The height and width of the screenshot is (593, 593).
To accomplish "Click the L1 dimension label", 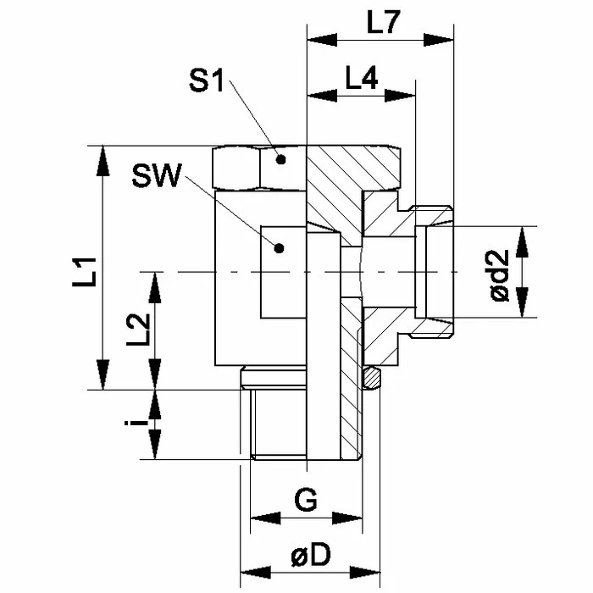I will [81, 272].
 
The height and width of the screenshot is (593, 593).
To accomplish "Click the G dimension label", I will [307, 500].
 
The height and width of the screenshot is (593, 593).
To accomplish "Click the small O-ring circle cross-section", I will [371, 376].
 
